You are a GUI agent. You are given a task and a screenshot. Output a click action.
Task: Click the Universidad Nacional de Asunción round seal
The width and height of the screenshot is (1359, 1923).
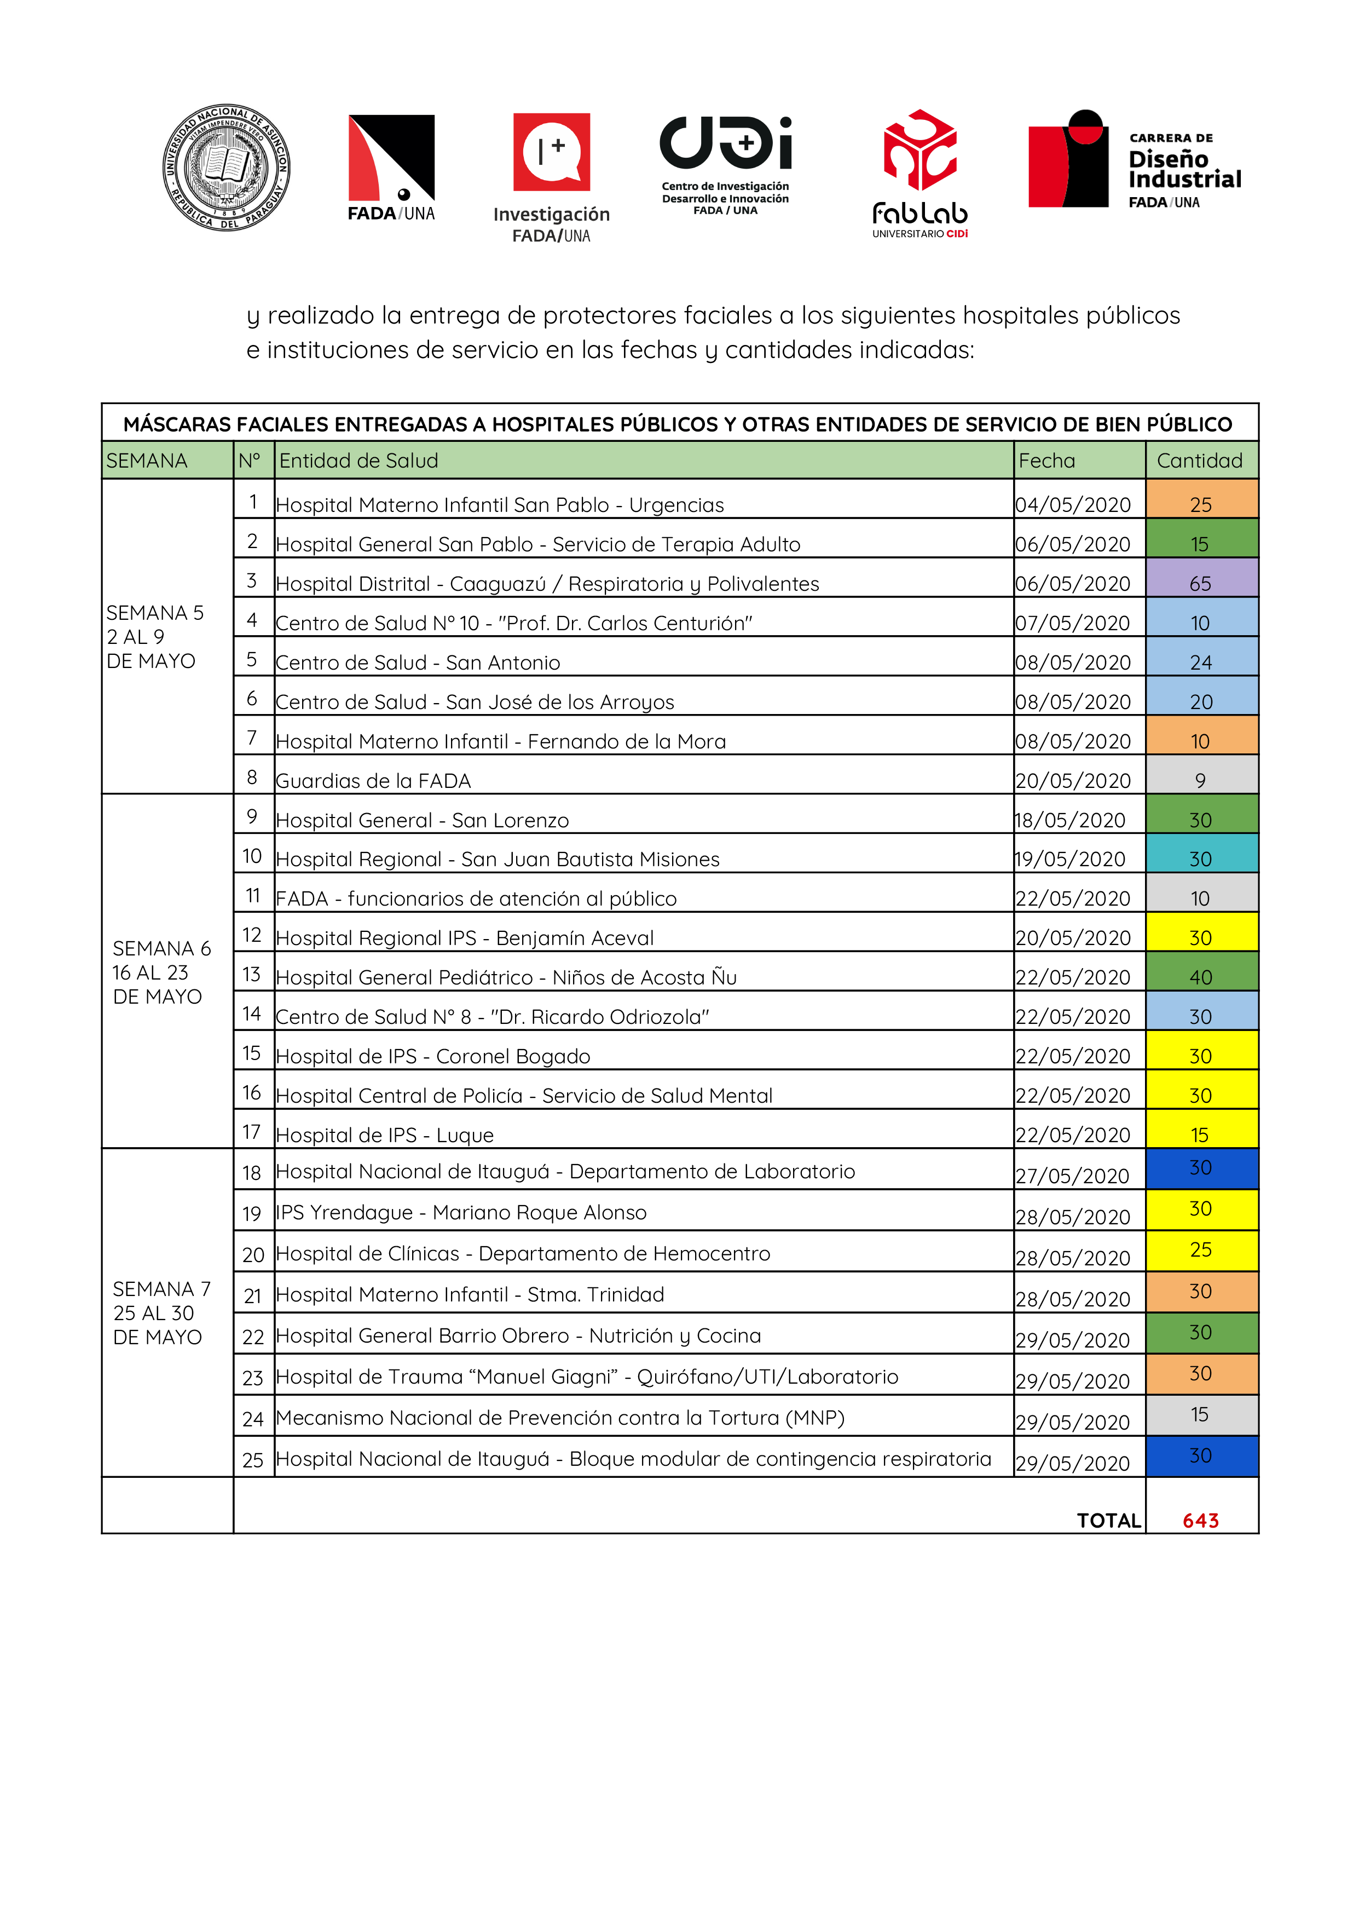(226, 168)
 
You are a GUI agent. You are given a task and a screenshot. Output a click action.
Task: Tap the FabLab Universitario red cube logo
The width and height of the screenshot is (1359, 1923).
(920, 150)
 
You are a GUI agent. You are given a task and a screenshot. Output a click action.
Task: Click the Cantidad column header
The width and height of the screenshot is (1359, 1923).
(1199, 460)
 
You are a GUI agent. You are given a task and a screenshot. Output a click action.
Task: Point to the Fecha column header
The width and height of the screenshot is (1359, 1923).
(1046, 460)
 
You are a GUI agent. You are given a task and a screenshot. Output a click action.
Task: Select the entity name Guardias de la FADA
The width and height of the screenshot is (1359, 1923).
(373, 781)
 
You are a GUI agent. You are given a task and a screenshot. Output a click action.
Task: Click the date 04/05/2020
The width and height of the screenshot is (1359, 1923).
(1073, 505)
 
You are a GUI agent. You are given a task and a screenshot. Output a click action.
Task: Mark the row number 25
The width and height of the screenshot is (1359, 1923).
(253, 1460)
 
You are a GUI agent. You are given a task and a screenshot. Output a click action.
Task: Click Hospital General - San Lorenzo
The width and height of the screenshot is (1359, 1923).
(422, 820)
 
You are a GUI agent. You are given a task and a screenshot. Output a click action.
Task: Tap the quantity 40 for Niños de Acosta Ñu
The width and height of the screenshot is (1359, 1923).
(1201, 977)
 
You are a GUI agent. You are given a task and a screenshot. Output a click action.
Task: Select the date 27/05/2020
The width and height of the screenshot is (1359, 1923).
(1073, 1176)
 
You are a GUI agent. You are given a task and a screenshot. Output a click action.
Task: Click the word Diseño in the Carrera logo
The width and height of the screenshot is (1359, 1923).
(1168, 159)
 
